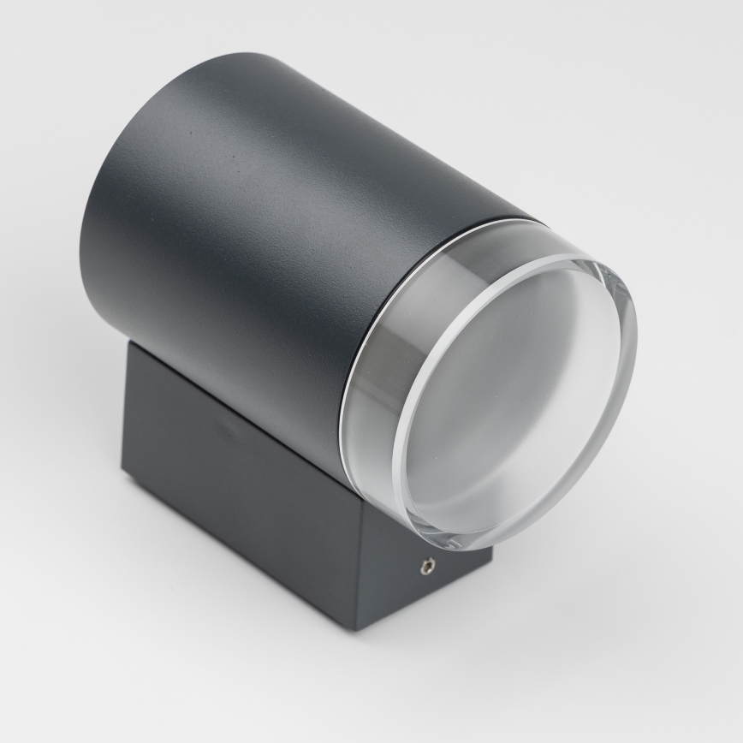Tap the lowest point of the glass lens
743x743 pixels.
point(479,548)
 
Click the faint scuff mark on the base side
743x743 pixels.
point(224,425)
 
